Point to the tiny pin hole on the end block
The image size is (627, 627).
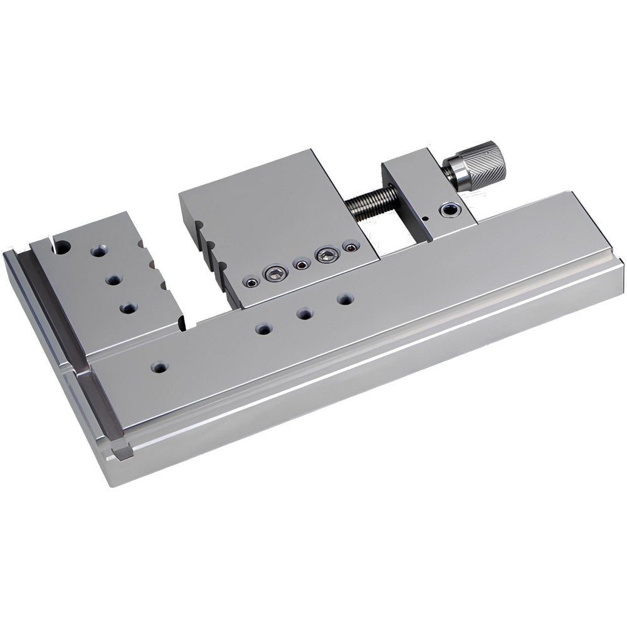425,219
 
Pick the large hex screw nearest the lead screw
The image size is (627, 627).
327,254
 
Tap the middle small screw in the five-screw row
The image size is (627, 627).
302,265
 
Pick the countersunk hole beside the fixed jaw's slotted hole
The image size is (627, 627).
98,251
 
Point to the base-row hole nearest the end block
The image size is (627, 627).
344,299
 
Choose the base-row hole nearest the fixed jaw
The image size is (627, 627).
263,328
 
